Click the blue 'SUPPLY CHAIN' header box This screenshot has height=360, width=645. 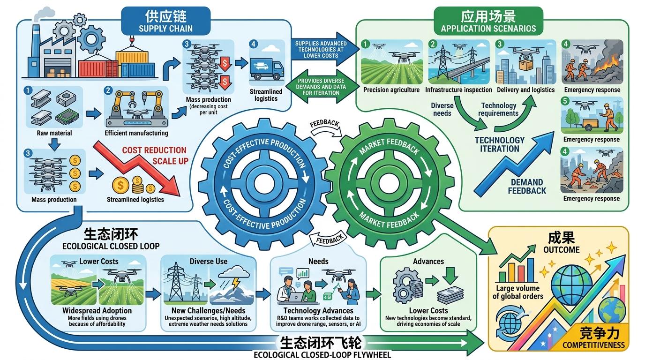click(165, 21)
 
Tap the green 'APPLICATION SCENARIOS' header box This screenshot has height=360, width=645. click(488, 22)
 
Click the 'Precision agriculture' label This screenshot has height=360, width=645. click(391, 90)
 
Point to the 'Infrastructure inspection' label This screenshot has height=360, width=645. click(458, 90)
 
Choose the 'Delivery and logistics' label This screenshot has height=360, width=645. click(525, 90)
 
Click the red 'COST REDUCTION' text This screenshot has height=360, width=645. click(154, 150)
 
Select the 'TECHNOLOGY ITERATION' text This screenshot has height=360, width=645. click(499, 144)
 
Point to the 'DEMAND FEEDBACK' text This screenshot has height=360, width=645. click(527, 186)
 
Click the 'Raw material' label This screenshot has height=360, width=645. click(54, 133)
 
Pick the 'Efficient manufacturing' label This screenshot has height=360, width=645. click(136, 133)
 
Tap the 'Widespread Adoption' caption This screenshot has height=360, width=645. click(97, 310)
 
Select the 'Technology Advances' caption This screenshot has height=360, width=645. click(318, 310)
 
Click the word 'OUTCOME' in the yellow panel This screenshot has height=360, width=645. click(562, 250)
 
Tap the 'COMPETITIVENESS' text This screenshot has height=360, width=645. click(593, 345)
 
